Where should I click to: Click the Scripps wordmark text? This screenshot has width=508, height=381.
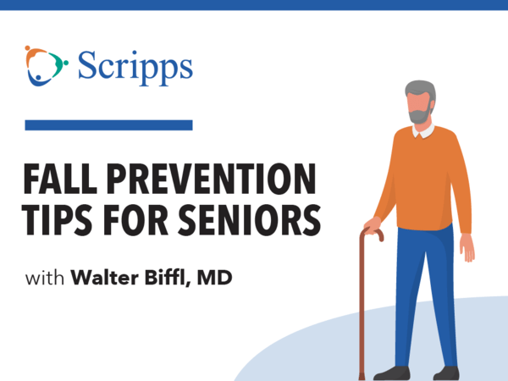click(135, 68)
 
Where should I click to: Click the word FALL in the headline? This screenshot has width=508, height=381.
click(60, 179)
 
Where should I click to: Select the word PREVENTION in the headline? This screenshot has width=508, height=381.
click(212, 179)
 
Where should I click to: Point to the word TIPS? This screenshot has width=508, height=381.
click(57, 219)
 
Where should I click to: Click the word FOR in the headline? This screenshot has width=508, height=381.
click(135, 219)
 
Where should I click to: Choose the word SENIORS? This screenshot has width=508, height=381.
click(250, 219)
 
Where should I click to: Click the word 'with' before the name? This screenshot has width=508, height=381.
click(45, 278)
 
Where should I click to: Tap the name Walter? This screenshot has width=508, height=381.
click(105, 278)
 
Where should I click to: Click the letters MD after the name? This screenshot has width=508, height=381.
click(214, 278)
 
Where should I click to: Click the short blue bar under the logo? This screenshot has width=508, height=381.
click(109, 125)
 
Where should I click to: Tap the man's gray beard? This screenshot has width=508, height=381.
click(421, 115)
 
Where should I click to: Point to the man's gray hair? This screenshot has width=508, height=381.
click(420, 88)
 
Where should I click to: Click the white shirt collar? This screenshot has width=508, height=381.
click(424, 131)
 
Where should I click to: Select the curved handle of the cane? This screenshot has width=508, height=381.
click(373, 234)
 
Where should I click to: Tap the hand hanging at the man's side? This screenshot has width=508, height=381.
click(467, 247)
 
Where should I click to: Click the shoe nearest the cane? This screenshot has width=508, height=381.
click(392, 373)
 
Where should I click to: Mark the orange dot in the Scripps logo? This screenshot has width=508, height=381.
click(27, 48)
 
